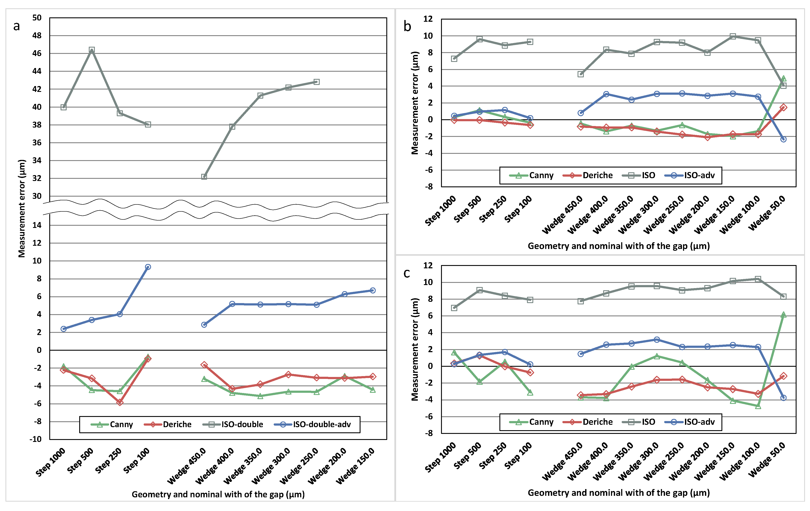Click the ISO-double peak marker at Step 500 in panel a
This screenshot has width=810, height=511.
point(92,50)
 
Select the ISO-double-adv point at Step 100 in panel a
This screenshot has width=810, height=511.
point(148,267)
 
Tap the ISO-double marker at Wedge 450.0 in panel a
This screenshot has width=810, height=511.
point(204,177)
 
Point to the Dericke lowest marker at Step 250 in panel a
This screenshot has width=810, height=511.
point(120,402)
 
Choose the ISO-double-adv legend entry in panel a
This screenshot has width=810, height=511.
point(313,425)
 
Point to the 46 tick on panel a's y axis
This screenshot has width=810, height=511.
point(37,53)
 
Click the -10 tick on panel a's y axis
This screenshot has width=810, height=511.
point(36,439)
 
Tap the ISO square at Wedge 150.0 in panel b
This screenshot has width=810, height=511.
point(733,36)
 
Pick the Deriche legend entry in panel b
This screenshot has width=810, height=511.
point(588,175)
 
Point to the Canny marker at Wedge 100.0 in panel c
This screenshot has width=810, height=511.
point(758,406)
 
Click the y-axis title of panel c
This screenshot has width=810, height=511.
point(415,349)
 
